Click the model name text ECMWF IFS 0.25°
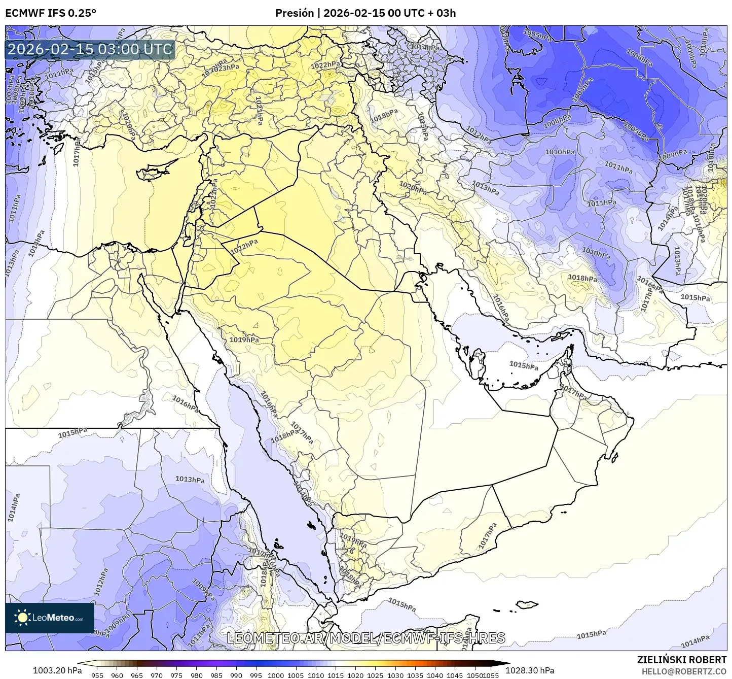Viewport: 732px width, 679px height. click(x=51, y=13)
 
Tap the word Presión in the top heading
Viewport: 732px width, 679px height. click(x=295, y=13)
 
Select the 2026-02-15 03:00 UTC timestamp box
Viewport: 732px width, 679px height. click(x=90, y=50)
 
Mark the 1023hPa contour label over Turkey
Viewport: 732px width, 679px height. click(x=225, y=68)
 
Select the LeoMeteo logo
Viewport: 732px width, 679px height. click(x=50, y=618)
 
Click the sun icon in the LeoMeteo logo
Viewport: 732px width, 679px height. click(x=22, y=618)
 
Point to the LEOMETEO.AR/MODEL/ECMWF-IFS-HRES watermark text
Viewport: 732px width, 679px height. click(x=365, y=638)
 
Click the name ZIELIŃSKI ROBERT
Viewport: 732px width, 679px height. click(x=682, y=660)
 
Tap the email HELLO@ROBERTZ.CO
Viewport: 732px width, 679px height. click(x=684, y=671)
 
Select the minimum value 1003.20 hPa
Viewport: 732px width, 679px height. click(x=57, y=670)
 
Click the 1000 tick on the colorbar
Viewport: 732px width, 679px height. click(x=276, y=675)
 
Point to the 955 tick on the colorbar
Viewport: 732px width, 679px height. click(x=97, y=675)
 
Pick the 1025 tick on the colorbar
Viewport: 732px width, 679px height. click(x=375, y=675)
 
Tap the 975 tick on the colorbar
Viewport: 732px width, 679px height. click(x=176, y=675)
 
